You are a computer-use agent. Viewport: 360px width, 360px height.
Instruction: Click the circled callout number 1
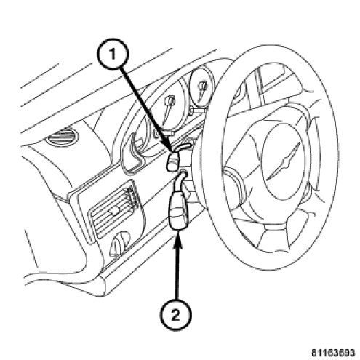tap(112, 55)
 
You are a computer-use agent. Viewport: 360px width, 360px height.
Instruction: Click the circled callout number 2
tap(175, 315)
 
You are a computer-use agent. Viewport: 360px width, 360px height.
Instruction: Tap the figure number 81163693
tap(333, 353)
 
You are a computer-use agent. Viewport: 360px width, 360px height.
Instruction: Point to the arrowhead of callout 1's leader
tap(171, 148)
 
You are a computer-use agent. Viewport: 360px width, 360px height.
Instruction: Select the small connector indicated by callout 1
tap(172, 162)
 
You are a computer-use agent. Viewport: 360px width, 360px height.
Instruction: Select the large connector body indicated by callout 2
tap(180, 210)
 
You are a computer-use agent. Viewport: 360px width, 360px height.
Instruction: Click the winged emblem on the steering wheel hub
tap(284, 161)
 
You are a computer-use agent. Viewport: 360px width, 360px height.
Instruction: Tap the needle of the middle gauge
tap(168, 108)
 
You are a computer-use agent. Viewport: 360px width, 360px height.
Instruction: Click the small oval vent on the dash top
tap(63, 137)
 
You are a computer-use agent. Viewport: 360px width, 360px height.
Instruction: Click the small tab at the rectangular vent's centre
tap(114, 212)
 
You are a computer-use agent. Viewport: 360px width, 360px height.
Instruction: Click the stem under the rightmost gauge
tap(197, 111)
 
